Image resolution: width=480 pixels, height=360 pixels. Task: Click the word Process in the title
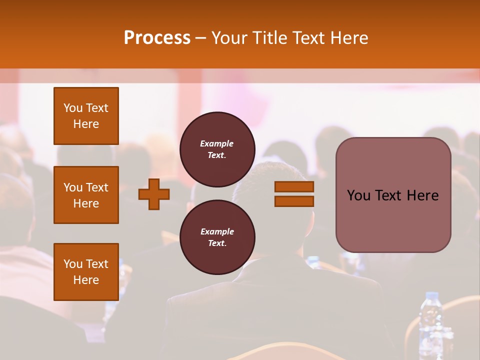157,38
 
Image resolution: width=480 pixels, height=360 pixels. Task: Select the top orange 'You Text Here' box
86,116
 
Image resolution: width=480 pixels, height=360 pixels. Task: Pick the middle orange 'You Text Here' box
86,195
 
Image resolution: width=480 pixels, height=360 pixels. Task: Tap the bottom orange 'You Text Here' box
86,271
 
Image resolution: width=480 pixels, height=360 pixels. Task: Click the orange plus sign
154,194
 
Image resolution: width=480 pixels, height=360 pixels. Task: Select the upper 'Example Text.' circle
217,149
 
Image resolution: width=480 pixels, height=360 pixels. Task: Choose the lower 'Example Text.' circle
217,237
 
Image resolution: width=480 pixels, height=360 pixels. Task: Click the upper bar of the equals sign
294,187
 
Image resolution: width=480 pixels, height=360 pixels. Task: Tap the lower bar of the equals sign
294,201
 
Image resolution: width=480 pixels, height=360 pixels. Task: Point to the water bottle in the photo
430,320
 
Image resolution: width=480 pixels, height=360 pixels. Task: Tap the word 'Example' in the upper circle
217,143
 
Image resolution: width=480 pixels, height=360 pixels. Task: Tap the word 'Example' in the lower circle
217,231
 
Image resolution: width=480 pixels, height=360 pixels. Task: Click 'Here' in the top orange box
86,124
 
